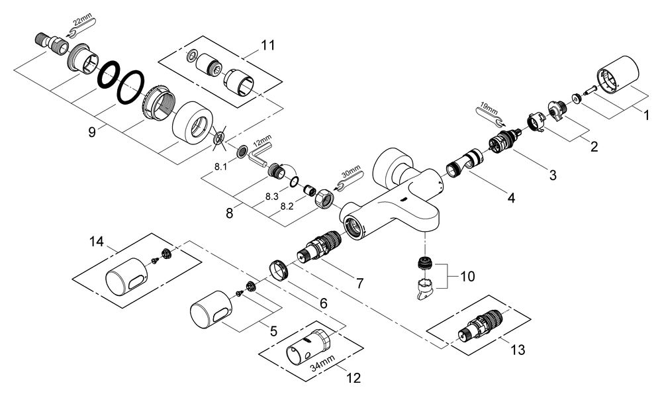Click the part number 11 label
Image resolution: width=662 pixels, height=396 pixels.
[267, 45]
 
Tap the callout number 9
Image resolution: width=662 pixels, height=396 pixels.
[92, 132]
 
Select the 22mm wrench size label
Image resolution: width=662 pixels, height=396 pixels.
[82, 23]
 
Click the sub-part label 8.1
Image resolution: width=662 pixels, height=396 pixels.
[221, 167]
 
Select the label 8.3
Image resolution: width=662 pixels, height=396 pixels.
[272, 196]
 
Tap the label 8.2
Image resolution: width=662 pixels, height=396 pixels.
[287, 207]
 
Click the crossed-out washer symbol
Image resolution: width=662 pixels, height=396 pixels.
[219, 137]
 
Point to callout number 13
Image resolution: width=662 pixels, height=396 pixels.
[518, 350]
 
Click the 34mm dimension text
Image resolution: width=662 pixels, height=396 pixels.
[322, 363]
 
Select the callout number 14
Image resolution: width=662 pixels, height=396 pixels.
[97, 242]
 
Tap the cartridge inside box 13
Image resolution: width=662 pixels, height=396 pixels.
[481, 326]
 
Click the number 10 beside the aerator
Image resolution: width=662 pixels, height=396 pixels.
[467, 277]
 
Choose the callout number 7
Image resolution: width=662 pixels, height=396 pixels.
[359, 283]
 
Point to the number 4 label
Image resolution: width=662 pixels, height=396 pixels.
[511, 197]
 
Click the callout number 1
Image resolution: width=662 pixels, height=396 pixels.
[646, 115]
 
